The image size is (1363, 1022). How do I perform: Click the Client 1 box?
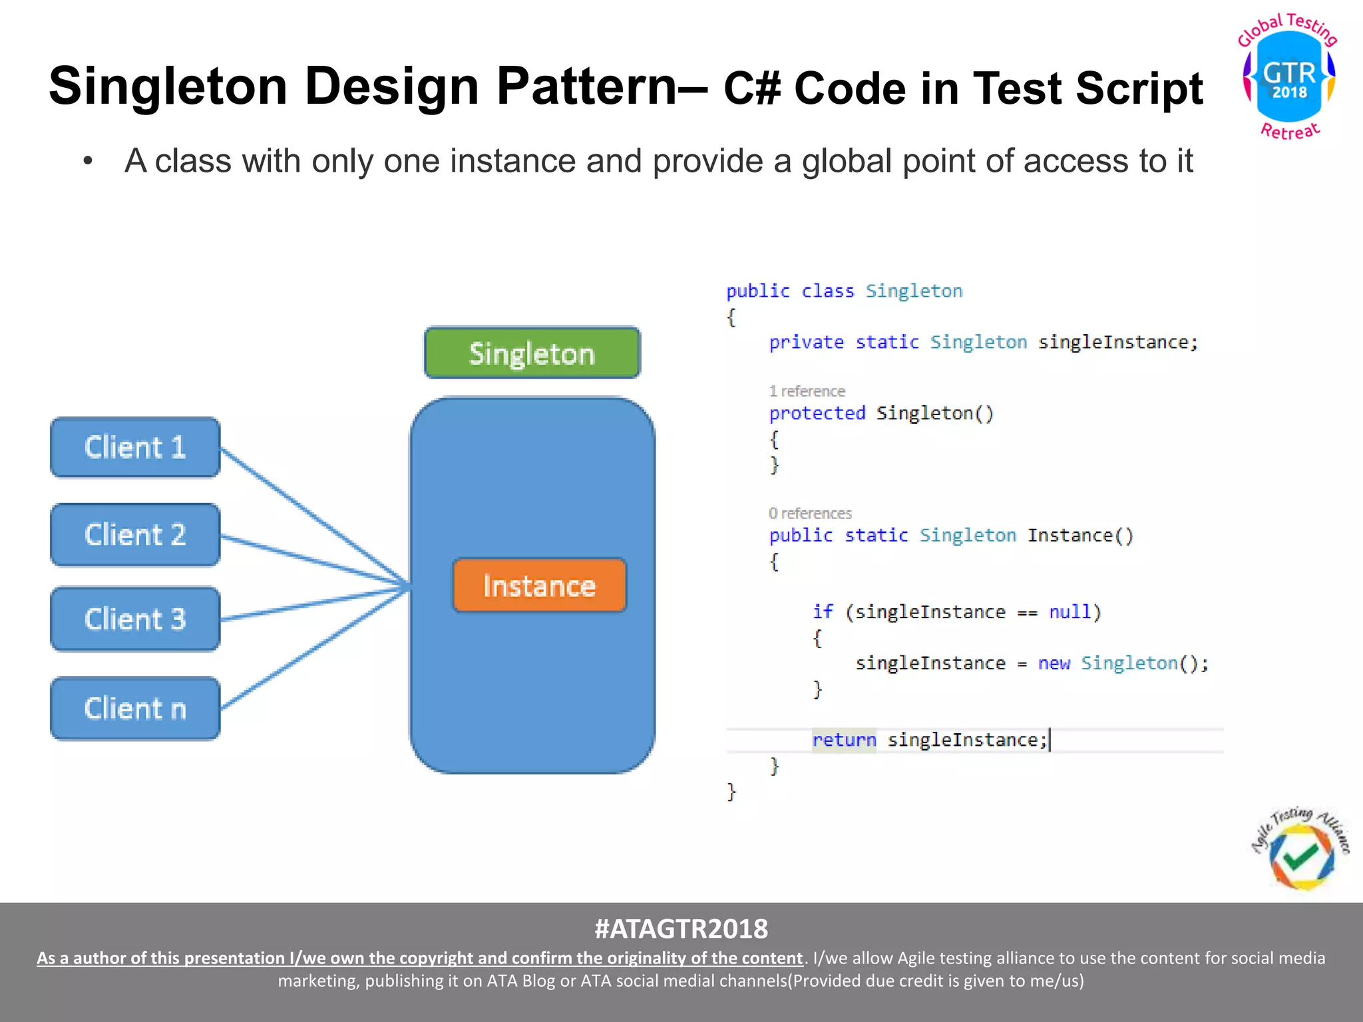click(135, 447)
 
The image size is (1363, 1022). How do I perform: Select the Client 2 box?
click(135, 535)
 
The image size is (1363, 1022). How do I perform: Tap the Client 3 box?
click(135, 619)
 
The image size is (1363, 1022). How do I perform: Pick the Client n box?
click(135, 709)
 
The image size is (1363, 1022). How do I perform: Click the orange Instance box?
click(539, 586)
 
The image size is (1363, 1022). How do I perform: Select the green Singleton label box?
click(532, 353)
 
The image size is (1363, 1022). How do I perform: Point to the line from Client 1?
click(313, 516)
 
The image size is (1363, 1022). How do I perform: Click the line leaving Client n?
click(313, 649)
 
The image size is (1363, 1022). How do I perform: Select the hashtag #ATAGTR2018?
click(681, 929)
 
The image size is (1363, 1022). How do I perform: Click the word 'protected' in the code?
click(817, 413)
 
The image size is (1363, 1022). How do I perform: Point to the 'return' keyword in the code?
click(844, 740)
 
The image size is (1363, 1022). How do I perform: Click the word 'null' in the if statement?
click(1070, 611)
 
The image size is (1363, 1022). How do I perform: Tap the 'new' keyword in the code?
click(1054, 663)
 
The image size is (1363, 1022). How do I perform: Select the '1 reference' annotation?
click(807, 391)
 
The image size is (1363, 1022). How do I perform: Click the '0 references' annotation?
click(810, 514)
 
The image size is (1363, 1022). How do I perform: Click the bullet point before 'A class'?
click(87, 162)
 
